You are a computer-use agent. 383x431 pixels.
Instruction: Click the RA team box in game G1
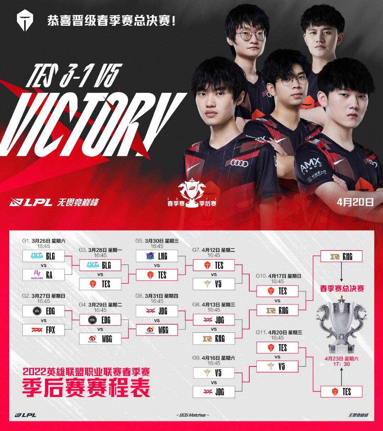tap(43, 275)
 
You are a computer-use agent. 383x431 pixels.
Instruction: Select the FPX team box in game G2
tap(43, 330)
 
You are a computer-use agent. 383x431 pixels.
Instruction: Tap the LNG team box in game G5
tap(157, 256)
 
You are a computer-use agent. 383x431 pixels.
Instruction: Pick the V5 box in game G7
tap(213, 284)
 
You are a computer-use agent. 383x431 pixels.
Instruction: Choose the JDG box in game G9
tap(213, 392)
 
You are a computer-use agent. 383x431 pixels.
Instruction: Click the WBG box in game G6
tap(157, 330)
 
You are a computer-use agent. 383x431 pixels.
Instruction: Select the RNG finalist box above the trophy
tap(341, 256)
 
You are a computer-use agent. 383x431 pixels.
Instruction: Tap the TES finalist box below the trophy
tap(341, 392)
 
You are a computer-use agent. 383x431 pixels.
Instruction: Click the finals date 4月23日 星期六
tap(341, 359)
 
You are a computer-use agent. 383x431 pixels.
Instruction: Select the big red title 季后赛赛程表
tap(86, 388)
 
